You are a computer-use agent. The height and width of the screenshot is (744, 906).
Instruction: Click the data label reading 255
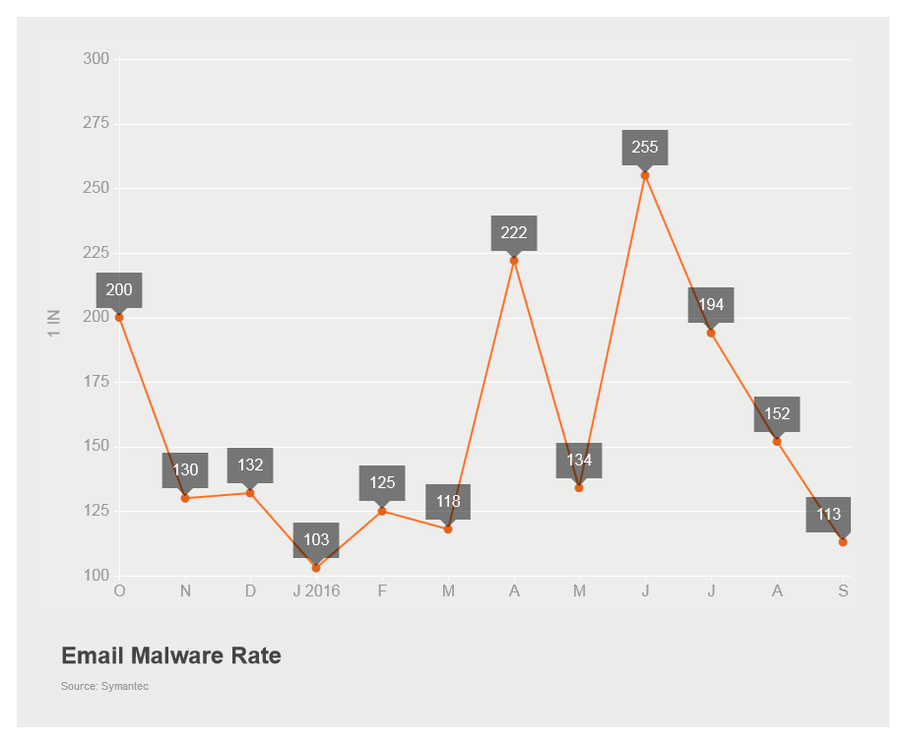pos(645,148)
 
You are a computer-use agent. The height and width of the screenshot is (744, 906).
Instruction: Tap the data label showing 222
pos(514,233)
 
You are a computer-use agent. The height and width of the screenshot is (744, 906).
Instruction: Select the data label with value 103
pos(316,540)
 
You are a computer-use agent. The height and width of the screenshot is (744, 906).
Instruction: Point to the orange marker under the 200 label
pos(119,317)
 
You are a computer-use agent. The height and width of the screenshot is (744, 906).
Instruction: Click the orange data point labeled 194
pos(711,333)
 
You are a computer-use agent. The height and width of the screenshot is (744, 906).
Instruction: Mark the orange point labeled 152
pos(777,441)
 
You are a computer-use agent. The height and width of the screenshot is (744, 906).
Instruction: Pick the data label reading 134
pos(579,461)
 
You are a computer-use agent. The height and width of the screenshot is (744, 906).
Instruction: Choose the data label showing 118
pos(448,502)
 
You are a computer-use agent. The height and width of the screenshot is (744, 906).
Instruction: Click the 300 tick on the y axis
pos(97,59)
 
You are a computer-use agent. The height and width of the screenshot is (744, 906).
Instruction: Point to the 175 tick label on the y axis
pos(97,382)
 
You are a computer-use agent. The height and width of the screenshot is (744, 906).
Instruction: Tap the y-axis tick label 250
pos(97,188)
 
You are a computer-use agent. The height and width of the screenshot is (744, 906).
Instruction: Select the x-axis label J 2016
pos(316,590)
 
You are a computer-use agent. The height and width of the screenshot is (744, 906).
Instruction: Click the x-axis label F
pos(382,590)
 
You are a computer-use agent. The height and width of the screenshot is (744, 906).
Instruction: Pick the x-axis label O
pos(120,590)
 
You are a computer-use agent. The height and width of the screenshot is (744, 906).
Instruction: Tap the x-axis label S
pos(843,590)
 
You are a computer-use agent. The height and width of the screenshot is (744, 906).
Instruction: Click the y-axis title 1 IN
pos(54,324)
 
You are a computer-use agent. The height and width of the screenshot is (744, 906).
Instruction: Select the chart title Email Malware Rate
pos(171,655)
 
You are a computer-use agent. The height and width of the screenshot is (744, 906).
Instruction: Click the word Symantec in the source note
pos(125,686)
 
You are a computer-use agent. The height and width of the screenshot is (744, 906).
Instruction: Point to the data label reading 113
pos(828,515)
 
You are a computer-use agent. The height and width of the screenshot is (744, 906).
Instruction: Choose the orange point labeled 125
pos(382,511)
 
